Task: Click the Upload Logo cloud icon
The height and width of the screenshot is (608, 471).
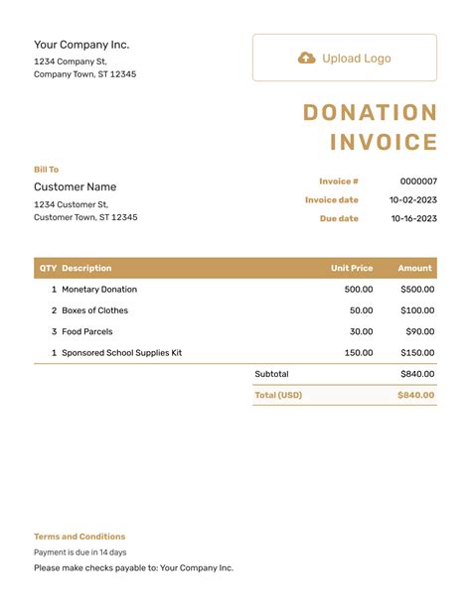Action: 306,59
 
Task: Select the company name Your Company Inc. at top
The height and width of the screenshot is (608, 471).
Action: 81,45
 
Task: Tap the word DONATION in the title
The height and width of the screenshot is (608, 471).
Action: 370,113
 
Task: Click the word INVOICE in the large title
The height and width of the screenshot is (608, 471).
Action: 384,142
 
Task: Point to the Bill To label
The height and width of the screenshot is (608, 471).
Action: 46,170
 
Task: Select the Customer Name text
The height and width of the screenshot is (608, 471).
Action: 75,186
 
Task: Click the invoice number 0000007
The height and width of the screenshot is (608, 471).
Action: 418,182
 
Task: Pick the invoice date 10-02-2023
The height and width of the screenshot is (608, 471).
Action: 413,200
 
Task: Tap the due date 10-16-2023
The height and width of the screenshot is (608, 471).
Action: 413,218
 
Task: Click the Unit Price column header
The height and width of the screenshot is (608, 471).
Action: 352,268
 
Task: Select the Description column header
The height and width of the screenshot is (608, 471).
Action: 86,268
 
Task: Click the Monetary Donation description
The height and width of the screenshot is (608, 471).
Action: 99,290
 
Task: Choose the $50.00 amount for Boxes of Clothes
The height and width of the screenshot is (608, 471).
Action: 417,310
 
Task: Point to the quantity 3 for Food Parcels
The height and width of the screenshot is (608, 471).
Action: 54,331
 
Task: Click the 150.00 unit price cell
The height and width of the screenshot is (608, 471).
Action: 359,353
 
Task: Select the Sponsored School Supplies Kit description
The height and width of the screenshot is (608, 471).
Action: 121,353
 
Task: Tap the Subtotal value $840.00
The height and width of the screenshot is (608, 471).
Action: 417,374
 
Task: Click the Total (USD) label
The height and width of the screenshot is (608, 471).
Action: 277,395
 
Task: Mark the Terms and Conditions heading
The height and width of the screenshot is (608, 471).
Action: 79,537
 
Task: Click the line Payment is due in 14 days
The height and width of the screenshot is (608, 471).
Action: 79,552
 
